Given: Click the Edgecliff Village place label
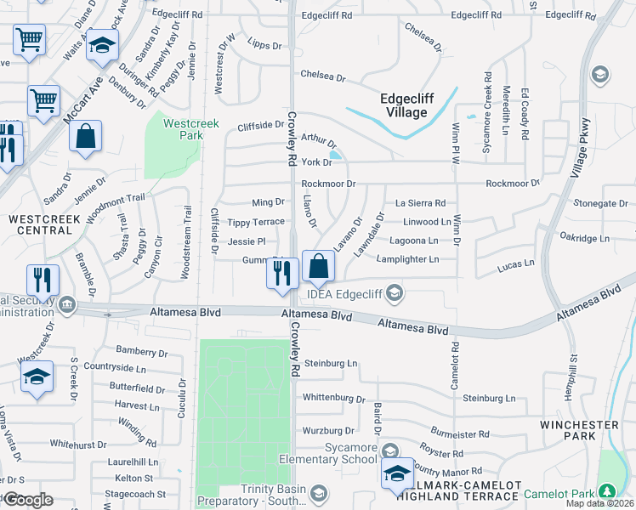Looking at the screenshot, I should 406,105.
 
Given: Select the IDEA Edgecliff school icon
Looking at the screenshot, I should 394,293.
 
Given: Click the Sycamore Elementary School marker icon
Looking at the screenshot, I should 390,450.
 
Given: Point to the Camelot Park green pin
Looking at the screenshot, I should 606,491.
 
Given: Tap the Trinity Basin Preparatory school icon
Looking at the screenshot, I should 318,494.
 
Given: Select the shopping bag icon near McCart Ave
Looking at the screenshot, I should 85,137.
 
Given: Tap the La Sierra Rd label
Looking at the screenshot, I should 421,203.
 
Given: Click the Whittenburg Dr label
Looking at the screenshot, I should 334,398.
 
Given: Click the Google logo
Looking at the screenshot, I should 28,500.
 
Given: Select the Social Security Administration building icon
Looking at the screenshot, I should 65,303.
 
